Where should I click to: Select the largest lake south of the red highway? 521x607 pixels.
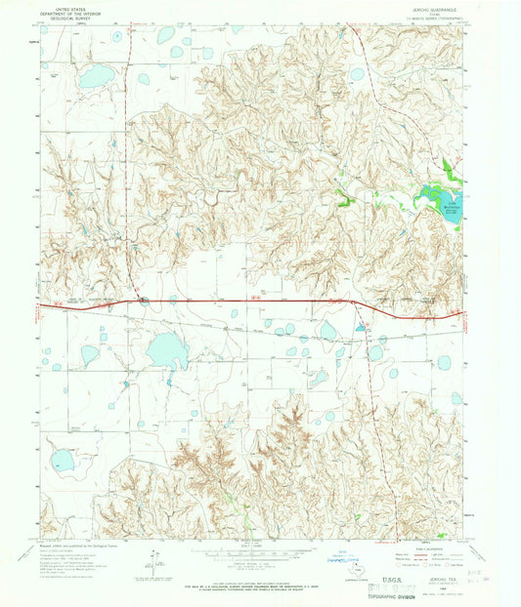coord(167,347)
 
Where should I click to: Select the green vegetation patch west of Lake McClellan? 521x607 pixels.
coord(344,202)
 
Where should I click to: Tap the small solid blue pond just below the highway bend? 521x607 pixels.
coord(360,329)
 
